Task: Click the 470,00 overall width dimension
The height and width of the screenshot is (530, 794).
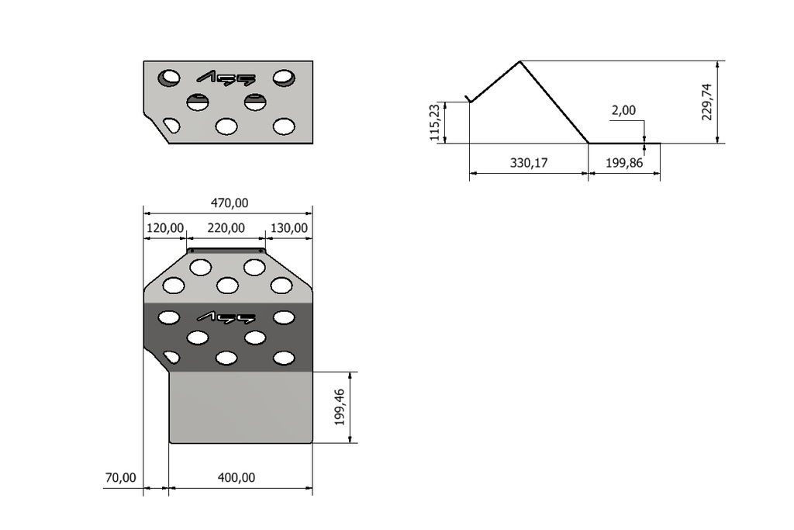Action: pyautogui.click(x=230, y=203)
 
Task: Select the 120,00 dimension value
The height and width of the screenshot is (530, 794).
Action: pyautogui.click(x=165, y=228)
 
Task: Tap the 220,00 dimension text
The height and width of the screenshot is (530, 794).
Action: pyautogui.click(x=226, y=228)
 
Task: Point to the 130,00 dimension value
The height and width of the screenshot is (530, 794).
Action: pyautogui.click(x=288, y=228)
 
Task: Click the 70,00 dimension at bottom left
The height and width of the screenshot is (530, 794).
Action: pyautogui.click(x=120, y=478)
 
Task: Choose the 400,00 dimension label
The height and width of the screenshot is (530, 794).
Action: pyautogui.click(x=236, y=478)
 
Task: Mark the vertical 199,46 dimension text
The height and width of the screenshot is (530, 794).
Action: pyautogui.click(x=340, y=407)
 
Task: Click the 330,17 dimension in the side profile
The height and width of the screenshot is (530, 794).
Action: pyautogui.click(x=529, y=163)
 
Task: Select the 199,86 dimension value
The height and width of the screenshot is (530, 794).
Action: pyautogui.click(x=624, y=163)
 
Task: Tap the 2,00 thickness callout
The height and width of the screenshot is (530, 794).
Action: pyautogui.click(x=623, y=110)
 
